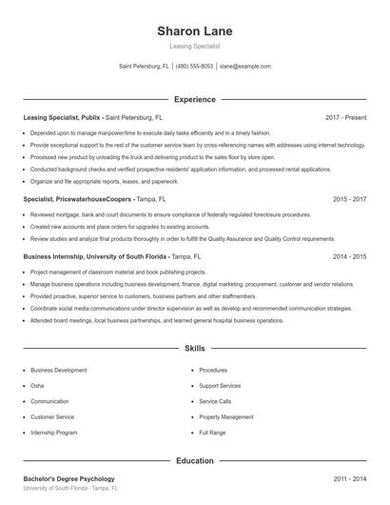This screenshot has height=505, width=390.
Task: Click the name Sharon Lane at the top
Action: (x=194, y=30)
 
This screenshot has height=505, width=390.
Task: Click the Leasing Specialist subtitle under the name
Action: (x=194, y=45)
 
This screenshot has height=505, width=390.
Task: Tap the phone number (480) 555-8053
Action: (x=194, y=67)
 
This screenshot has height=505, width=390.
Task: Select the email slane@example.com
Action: (x=245, y=67)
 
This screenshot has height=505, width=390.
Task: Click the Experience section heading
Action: (x=194, y=99)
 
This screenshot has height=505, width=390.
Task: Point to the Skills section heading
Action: (x=194, y=350)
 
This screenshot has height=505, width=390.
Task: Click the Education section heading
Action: (x=194, y=461)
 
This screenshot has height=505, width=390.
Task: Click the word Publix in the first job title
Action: (x=91, y=117)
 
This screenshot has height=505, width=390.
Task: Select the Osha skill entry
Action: (x=37, y=386)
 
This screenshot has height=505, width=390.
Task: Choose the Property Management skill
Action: (x=225, y=417)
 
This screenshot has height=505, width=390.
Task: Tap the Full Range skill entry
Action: (x=212, y=433)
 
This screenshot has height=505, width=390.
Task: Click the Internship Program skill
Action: (x=53, y=433)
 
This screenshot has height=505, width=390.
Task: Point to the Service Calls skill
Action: (x=215, y=401)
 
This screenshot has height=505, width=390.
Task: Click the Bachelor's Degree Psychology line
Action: (x=68, y=478)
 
